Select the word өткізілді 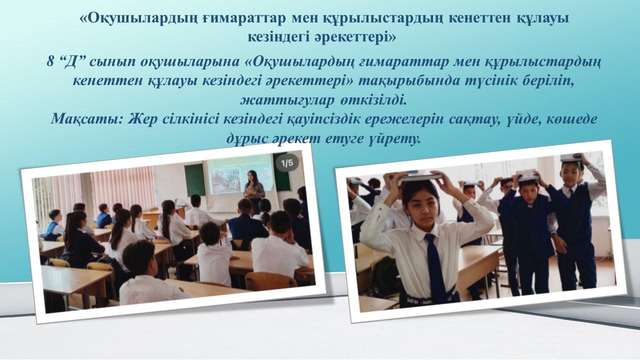[x=373, y=100]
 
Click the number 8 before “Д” [x=50, y=61]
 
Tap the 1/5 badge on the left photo [x=287, y=163]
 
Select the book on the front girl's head [x=420, y=177]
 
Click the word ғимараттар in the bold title [x=245, y=18]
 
